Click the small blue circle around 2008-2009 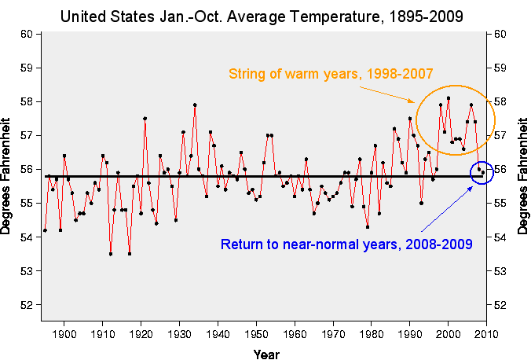coord(482,173)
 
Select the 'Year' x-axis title coord(265,354)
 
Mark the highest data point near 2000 coord(449,98)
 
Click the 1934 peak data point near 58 coord(195,105)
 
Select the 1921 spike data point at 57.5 coord(145,119)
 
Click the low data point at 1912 coord(110,254)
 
